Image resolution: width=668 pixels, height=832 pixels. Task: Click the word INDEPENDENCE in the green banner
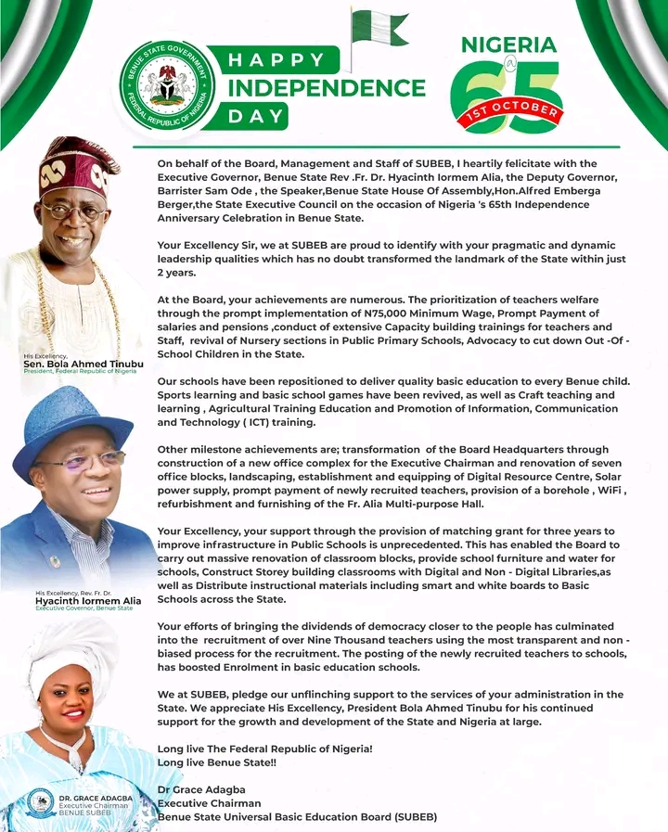coord(327,88)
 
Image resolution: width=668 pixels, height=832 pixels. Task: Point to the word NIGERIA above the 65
coord(508,45)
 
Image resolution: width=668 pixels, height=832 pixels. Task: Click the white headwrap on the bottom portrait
coord(69,649)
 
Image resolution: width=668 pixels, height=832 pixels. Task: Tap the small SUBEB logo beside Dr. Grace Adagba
coord(40,803)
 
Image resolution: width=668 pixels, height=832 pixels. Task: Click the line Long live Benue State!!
coord(224,762)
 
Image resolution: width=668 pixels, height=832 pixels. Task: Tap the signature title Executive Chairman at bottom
coord(209,803)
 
